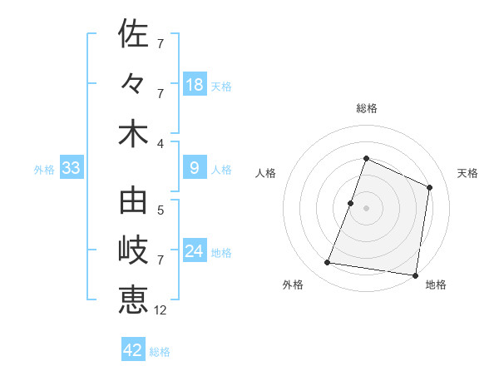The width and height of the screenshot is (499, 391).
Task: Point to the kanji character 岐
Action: [x=133, y=251]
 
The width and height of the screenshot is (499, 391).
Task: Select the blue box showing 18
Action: [x=194, y=85]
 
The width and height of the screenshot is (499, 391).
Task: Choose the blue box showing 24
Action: [x=194, y=252]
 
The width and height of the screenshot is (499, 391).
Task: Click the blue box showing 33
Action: [x=71, y=169]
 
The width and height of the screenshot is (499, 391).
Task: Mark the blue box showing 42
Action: [x=133, y=350]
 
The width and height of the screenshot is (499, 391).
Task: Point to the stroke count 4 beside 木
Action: [x=160, y=142]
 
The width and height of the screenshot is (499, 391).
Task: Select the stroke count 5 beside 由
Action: [x=160, y=210]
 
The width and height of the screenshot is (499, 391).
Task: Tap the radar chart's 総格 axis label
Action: [x=366, y=108]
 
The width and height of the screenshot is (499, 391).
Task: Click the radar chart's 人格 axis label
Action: [x=266, y=173]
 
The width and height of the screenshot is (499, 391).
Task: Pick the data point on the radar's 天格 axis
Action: [x=430, y=187]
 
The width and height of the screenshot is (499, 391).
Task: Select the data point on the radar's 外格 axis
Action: [x=328, y=263]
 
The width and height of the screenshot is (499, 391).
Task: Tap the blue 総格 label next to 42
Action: [x=160, y=351]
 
